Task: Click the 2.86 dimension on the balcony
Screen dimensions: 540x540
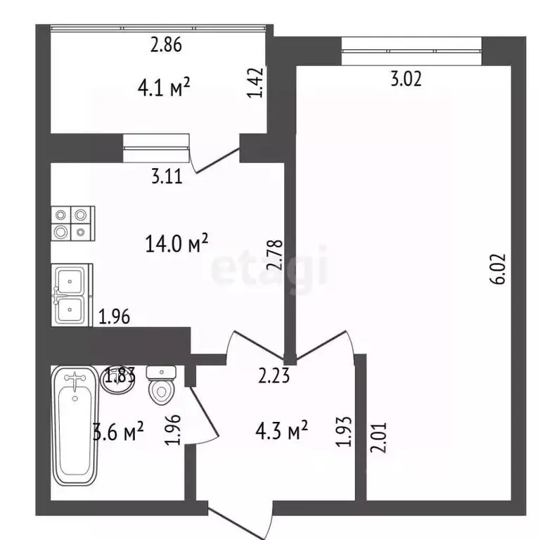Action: pyautogui.click(x=166, y=45)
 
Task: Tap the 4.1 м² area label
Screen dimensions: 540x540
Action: pyautogui.click(x=164, y=86)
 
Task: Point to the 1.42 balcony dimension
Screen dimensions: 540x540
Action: pyautogui.click(x=255, y=83)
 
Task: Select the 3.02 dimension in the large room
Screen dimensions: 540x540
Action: pyautogui.click(x=406, y=79)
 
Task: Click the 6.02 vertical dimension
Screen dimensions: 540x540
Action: pyautogui.click(x=498, y=269)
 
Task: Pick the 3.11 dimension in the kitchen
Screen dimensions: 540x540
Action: pyautogui.click(x=167, y=176)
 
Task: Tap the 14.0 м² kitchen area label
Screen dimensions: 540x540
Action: pyautogui.click(x=176, y=243)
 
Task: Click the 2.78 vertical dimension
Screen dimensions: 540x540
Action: pyautogui.click(x=275, y=255)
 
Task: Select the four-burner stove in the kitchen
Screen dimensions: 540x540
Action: pyautogui.click(x=73, y=224)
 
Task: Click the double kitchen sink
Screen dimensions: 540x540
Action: pyautogui.click(x=72, y=295)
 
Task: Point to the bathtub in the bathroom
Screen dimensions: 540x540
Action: pyautogui.click(x=75, y=425)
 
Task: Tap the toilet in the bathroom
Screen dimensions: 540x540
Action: pyautogui.click(x=162, y=385)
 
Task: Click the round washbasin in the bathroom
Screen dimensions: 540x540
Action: pyautogui.click(x=117, y=380)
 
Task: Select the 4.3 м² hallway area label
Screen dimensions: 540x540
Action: pyautogui.click(x=281, y=430)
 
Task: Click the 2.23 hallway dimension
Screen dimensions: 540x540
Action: pyautogui.click(x=274, y=375)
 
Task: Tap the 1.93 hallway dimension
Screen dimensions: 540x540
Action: pyautogui.click(x=344, y=432)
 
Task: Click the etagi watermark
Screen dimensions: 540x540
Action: pyautogui.click(x=269, y=269)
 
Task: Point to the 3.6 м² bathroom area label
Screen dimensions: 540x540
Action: pyautogui.click(x=118, y=431)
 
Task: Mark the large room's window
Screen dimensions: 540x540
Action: pyautogui.click(x=411, y=51)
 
